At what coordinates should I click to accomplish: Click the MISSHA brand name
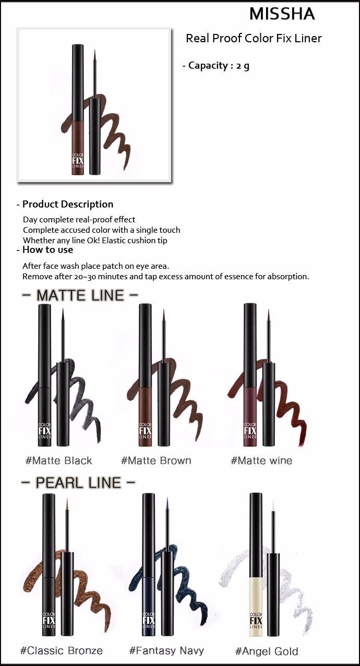coord(282,14)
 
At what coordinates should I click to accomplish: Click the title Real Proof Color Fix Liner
coord(254,38)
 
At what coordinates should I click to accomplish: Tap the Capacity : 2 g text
coord(216,66)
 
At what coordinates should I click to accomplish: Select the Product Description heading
coord(65,204)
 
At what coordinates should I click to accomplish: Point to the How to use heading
coord(44,249)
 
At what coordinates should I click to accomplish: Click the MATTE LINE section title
coord(80,295)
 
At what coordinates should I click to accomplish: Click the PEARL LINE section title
coord(78,483)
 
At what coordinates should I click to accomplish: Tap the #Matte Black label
coord(58,460)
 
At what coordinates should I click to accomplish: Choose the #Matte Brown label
coord(156,460)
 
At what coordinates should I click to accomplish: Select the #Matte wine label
coord(261,460)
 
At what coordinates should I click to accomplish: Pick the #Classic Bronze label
coord(61,650)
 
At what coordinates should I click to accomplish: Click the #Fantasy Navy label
coord(166,650)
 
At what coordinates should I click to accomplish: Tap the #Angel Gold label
coord(267,651)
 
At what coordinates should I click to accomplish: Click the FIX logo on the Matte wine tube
coord(250,431)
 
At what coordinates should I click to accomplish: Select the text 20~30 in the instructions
coord(85,277)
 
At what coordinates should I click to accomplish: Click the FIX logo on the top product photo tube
coord(78,161)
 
